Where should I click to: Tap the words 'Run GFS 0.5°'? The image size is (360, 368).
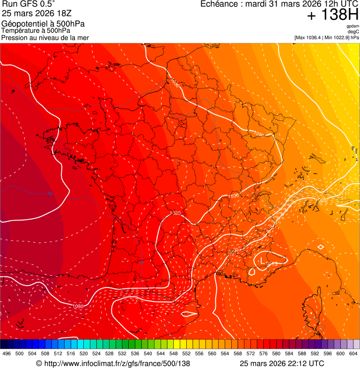pos(28,5)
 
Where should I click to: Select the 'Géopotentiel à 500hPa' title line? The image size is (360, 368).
pos(43,24)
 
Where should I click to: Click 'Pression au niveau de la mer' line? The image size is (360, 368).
pos(45,37)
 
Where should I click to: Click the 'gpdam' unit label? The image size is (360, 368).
pos(353,26)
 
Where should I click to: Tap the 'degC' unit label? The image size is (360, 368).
pos(353,32)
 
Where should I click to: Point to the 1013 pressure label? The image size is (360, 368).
pos(272,265)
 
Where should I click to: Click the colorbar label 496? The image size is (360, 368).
pos(7,353)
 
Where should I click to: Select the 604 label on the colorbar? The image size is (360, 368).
pos(353,353)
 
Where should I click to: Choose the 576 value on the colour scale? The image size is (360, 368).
pos(263,353)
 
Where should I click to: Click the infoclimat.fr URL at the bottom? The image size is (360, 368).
pos(113,363)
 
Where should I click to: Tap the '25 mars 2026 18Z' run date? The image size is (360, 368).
pos(37,13)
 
